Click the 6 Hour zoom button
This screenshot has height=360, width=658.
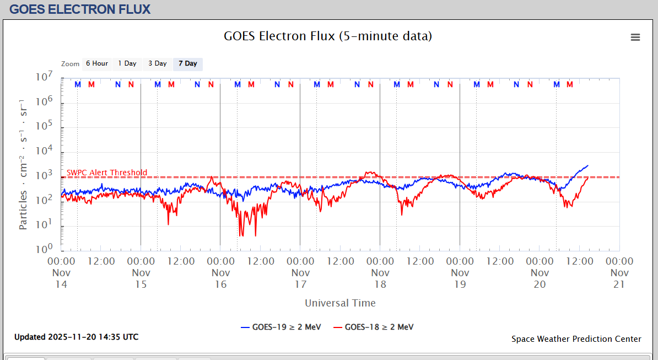coord(96,63)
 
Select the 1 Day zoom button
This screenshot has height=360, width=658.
coord(127,63)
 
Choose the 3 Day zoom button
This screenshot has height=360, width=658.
coord(157,63)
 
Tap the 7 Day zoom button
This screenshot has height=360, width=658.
coord(187,63)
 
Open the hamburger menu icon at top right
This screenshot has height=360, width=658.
coord(635,37)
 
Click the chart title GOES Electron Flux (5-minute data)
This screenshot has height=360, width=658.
coord(328,36)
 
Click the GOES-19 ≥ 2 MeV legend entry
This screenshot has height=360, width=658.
coord(281,327)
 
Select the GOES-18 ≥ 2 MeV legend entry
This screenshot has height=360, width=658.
coord(374,327)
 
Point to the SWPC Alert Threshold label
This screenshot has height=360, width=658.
coord(107,173)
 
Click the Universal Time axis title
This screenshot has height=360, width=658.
coord(340,303)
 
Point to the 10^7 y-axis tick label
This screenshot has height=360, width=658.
coord(45,78)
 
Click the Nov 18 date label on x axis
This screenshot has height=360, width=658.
coord(380,278)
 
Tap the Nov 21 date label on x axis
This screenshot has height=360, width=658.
coord(619,278)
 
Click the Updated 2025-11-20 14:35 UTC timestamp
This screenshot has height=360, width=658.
coord(76,337)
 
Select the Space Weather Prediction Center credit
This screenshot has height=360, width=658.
coord(576,339)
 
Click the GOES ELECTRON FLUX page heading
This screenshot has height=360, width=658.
coord(80,9)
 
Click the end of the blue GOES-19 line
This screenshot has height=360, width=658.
coord(588,165)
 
